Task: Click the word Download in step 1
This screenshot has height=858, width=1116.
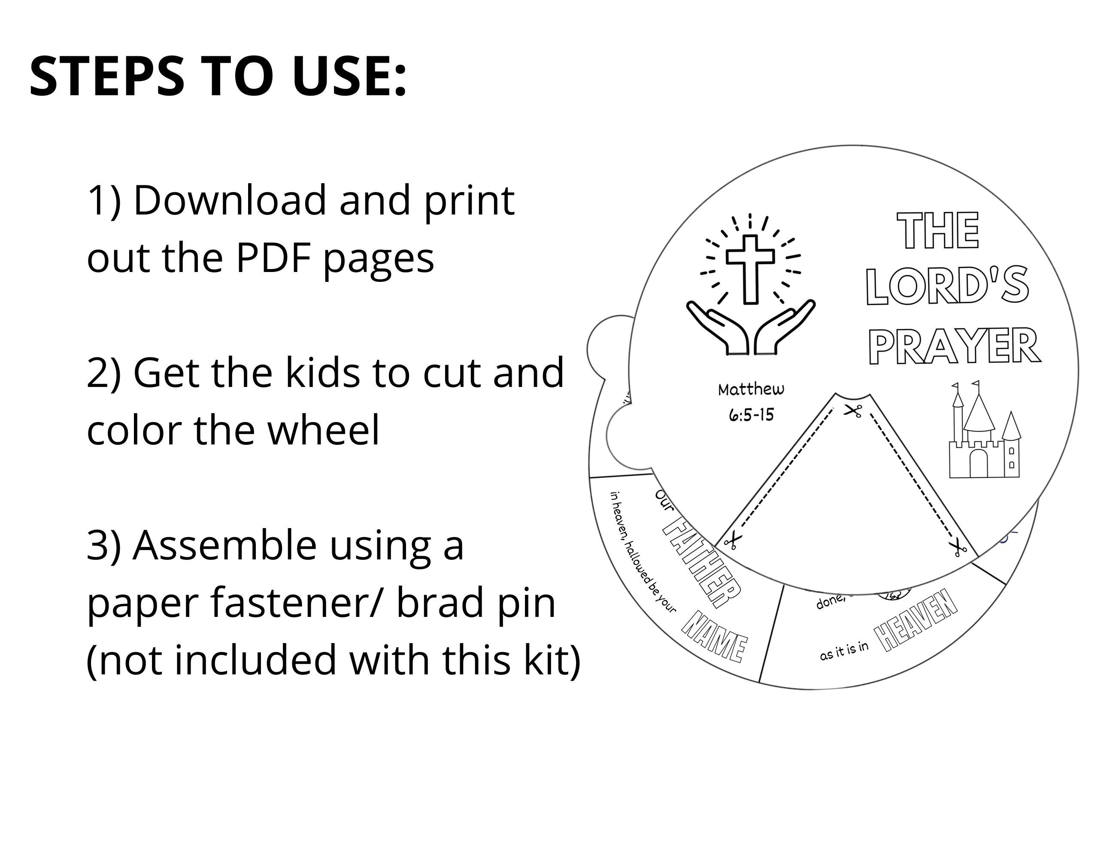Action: (230, 201)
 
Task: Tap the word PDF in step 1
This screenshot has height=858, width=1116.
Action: (273, 258)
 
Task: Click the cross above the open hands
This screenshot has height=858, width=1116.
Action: (750, 268)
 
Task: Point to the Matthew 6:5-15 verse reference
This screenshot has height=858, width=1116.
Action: (751, 402)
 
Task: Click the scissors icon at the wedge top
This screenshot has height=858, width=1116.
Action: (852, 411)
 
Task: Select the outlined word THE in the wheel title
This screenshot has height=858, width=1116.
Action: (938, 231)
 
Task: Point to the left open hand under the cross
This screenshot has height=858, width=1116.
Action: (718, 327)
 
